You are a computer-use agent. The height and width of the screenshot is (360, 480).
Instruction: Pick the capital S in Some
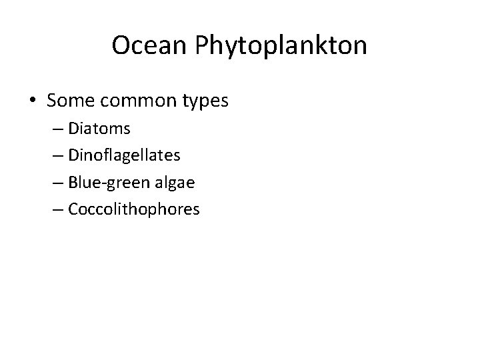click(53, 101)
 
